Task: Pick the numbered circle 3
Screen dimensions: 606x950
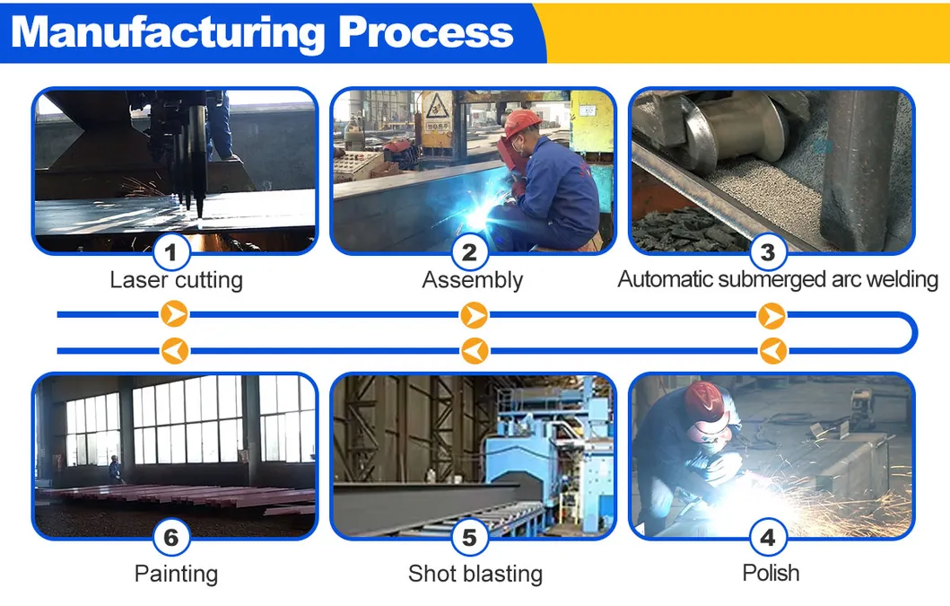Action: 768,252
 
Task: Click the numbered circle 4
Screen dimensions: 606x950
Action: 768,538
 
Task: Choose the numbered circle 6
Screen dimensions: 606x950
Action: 175,538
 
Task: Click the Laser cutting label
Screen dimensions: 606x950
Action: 176,280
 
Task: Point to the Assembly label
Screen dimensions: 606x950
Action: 472,280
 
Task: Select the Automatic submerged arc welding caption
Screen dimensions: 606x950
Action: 778,279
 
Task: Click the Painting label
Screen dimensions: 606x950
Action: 176,573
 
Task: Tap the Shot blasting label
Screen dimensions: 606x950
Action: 475,573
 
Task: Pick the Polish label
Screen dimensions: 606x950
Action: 771,573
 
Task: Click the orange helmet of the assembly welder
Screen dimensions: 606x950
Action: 521,122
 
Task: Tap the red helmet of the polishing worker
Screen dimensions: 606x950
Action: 702,400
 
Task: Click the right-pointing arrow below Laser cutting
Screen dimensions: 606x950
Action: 175,314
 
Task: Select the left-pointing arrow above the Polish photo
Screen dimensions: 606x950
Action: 772,349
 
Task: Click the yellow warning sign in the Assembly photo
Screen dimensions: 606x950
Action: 435,110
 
